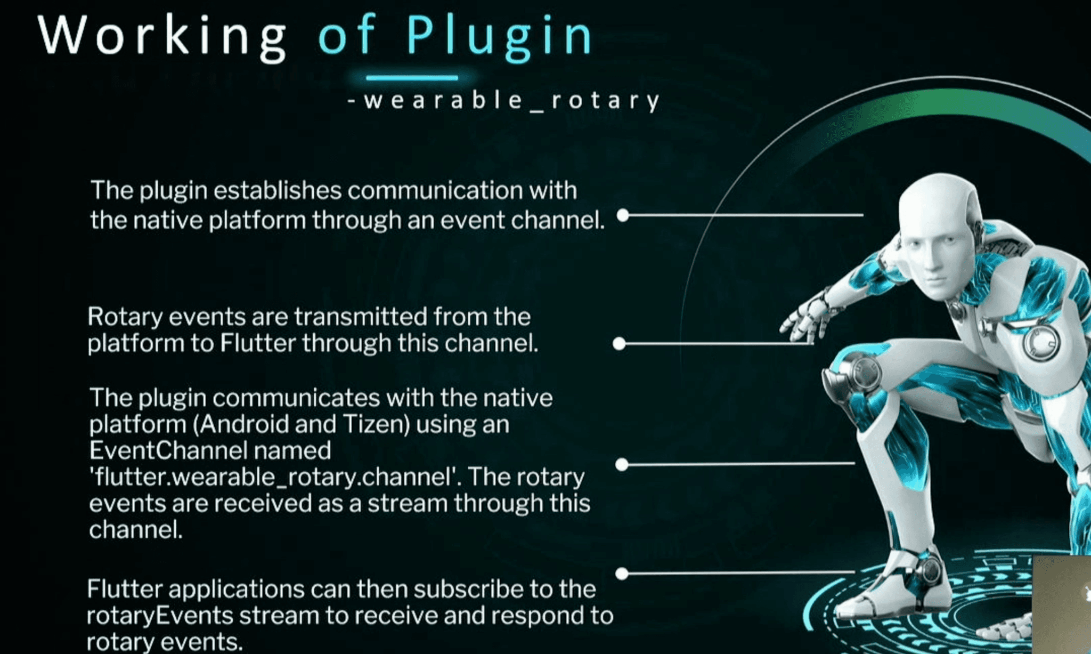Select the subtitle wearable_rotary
tap(505, 100)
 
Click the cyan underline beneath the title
tap(412, 78)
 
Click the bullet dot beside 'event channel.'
tap(623, 215)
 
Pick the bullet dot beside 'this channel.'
tap(619, 344)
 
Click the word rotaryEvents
tap(160, 616)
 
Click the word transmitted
tap(361, 317)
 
